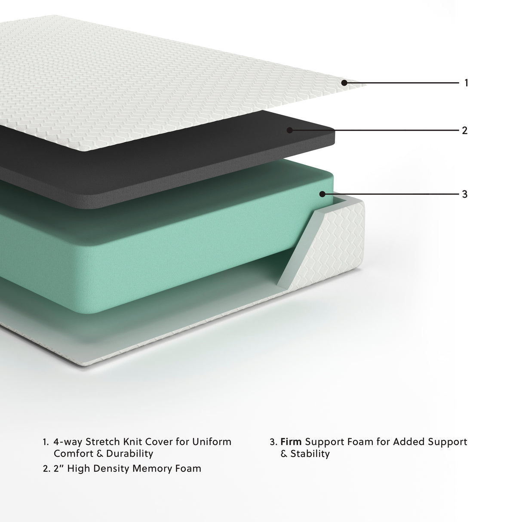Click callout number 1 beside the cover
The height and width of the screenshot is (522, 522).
(x=466, y=83)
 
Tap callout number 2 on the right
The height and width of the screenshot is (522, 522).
(x=464, y=130)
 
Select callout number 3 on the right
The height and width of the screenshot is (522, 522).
(x=464, y=194)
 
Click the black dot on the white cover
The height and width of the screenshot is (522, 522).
(x=344, y=83)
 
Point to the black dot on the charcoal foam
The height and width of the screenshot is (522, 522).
(x=290, y=130)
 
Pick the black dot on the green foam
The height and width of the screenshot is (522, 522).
(x=322, y=194)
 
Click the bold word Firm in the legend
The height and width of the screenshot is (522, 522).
(x=291, y=442)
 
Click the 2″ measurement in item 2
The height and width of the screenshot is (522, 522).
(x=58, y=468)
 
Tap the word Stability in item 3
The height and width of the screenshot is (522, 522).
(x=310, y=454)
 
